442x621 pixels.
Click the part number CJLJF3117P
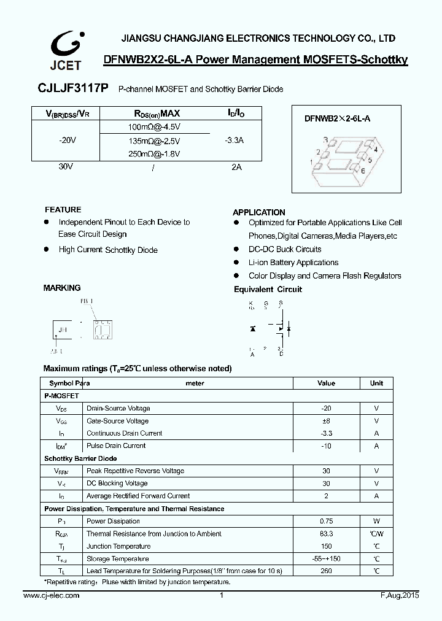pos(75,89)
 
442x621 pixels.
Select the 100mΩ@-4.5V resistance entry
pos(154,126)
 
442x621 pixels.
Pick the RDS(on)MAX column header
pos(157,114)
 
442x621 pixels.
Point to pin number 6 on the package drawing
pos(363,171)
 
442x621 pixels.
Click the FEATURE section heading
pos(63,210)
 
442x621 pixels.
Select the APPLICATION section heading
pos(259,212)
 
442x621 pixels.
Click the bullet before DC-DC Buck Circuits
pos(236,249)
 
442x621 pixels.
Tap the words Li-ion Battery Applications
pos(293,263)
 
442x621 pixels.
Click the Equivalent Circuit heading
pos(268,290)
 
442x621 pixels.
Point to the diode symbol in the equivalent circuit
pos(252,329)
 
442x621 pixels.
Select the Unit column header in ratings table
pos(376,383)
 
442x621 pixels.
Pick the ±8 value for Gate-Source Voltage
pos(326,421)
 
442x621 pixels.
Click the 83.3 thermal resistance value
pos(326,534)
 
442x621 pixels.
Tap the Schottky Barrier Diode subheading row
pos(80,458)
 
